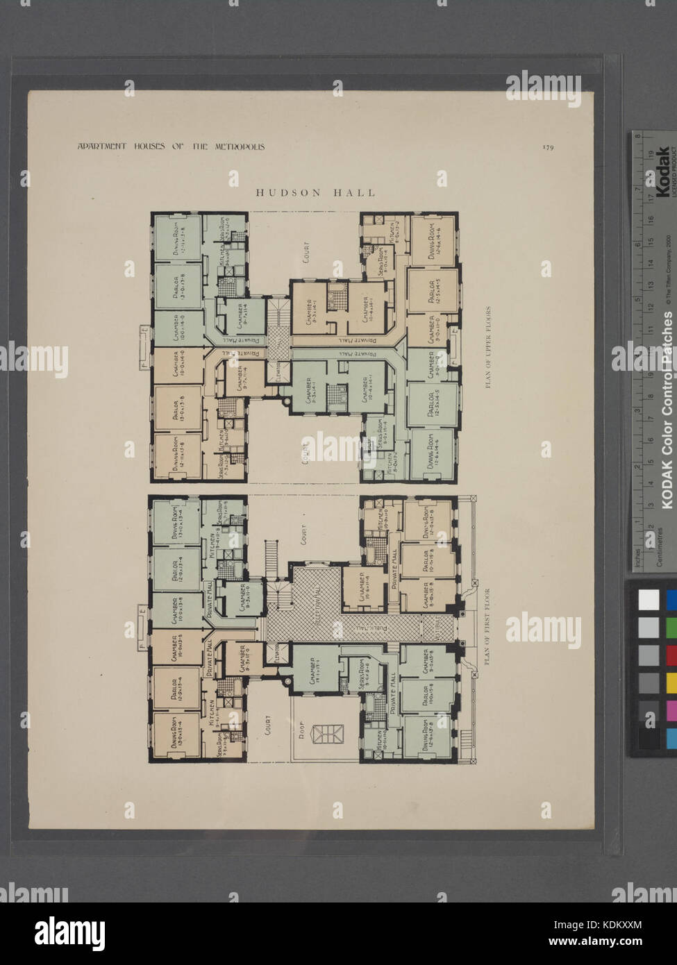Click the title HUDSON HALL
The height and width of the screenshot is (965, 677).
[315, 192]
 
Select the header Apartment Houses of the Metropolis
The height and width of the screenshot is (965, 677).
[171, 146]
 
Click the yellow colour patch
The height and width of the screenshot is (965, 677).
[671, 682]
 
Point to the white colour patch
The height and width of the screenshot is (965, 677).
[649, 599]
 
